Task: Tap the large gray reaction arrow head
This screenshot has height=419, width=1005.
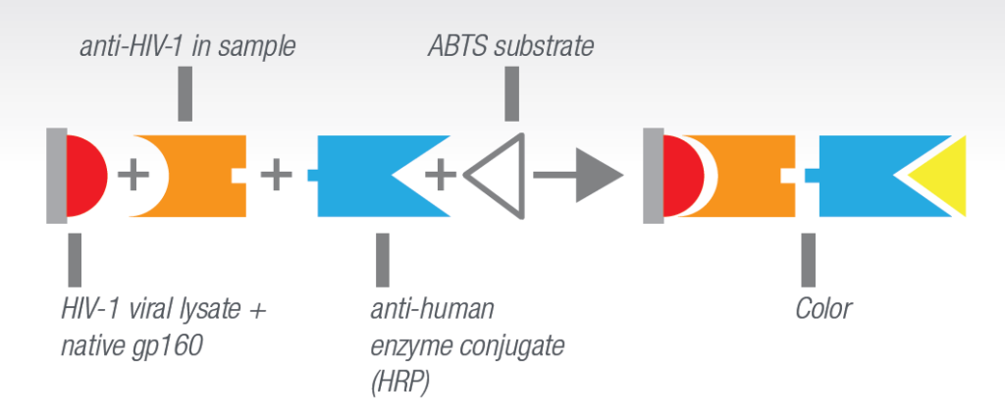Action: [600, 176]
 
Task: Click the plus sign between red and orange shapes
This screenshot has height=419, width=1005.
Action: [133, 175]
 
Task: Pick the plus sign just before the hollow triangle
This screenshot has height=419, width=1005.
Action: [441, 175]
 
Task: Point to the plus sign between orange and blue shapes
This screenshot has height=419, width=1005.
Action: [276, 175]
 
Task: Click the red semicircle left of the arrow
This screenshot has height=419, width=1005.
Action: [86, 176]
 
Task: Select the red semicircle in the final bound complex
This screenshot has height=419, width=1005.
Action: [683, 176]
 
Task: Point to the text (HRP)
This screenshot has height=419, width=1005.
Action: [400, 383]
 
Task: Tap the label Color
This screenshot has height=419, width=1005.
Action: [823, 309]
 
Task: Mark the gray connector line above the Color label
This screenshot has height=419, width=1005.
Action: [809, 259]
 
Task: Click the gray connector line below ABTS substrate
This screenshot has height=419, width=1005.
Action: [511, 93]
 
